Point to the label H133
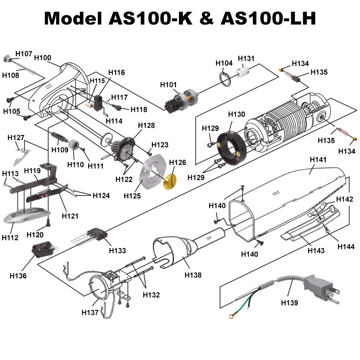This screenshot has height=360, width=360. click(x=117, y=251)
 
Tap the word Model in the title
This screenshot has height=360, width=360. click(x=74, y=18)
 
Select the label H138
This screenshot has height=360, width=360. click(x=193, y=275)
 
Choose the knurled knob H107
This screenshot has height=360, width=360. click(x=7, y=59)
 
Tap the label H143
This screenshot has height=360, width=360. click(x=316, y=251)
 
